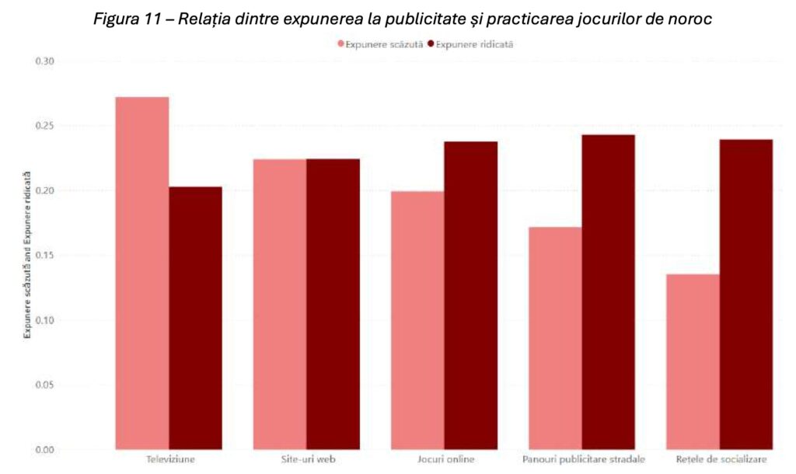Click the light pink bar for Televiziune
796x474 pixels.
pyautogui.click(x=142, y=273)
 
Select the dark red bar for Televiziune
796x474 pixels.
pyautogui.click(x=195, y=318)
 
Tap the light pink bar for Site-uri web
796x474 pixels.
pyautogui.click(x=280, y=304)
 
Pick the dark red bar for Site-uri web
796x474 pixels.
pyautogui.click(x=333, y=304)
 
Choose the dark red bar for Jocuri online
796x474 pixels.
pyautogui.click(x=471, y=295)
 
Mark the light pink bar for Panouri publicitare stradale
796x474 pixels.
pyautogui.click(x=555, y=338)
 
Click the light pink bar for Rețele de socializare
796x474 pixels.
pyautogui.click(x=693, y=361)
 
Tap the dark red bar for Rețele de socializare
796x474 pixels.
pyautogui.click(x=746, y=295)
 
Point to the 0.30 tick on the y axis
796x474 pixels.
pyautogui.click(x=44, y=61)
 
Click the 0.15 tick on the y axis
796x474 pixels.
pyautogui.click(x=44, y=255)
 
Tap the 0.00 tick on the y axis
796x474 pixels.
pyautogui.click(x=44, y=449)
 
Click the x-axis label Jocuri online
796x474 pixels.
pyautogui.click(x=444, y=459)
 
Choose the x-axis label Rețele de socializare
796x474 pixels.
pyautogui.click(x=719, y=459)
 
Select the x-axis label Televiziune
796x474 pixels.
pyautogui.click(x=170, y=459)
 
